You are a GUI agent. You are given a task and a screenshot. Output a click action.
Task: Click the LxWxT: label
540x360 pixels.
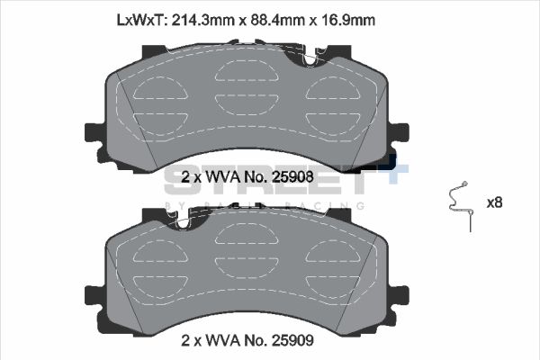coord(141,18)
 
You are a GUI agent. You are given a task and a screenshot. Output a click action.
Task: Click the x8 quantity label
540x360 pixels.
coord(494,202)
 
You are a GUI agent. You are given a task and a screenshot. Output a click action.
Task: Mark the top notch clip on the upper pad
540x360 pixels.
coord(310,57)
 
